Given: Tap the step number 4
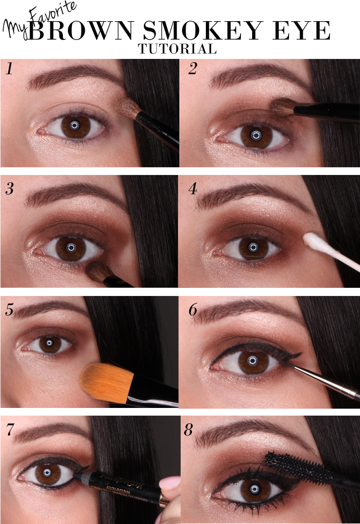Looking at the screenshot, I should pos(192,189).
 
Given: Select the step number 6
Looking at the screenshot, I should pos(192,309).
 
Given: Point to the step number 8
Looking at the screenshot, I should pos(189,430).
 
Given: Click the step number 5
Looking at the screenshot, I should pos(9,309).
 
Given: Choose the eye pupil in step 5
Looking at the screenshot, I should pos(50,344).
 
